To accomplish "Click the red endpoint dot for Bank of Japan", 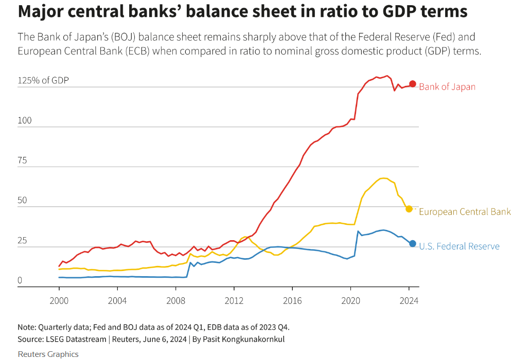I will (x=413, y=84).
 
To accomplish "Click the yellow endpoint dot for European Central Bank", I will (x=409, y=209).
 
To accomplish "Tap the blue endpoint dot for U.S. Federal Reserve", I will (x=413, y=243).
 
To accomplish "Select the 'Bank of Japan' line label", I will (x=447, y=87).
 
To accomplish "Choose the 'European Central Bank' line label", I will (x=465, y=212).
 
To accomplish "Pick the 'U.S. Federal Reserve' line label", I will (x=459, y=246).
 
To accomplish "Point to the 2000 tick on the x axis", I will (x=59, y=300).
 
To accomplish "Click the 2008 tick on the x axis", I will (x=175, y=300).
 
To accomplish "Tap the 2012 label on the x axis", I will (x=234, y=300).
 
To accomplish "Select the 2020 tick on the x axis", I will (x=350, y=300).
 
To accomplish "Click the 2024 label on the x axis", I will (x=409, y=300).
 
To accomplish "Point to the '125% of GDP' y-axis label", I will (x=43, y=81).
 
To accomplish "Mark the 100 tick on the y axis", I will (x=25, y=121).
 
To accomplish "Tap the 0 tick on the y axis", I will (x=20, y=281).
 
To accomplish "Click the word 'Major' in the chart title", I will (x=40, y=12).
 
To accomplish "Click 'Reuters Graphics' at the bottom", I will (x=48, y=354).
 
